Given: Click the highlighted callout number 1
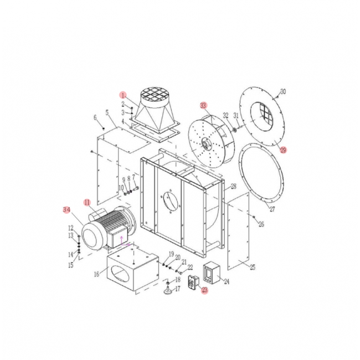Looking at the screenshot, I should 124,95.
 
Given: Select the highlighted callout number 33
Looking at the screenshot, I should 204,105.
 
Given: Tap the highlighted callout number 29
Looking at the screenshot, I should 284,150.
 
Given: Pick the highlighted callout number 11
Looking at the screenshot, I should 87,202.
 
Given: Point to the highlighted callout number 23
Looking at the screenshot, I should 204,290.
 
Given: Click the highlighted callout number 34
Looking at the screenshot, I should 66,210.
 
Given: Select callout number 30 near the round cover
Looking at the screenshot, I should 283,91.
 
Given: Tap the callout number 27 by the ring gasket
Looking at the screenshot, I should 272,209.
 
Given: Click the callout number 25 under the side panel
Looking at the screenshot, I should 252,268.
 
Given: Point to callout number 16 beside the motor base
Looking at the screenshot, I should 97,274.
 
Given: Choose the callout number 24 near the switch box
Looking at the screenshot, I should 225,281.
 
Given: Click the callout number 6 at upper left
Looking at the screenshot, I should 95,117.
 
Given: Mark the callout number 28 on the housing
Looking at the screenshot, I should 233,186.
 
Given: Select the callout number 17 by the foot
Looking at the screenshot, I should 178,289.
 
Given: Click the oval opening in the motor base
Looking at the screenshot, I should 121,275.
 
